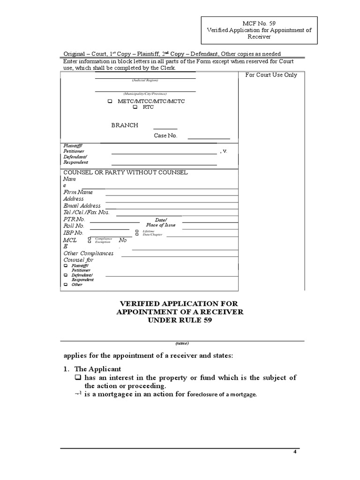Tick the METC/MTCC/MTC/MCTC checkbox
[x=110, y=101]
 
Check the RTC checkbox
[x=135, y=107]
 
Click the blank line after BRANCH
[x=165, y=127]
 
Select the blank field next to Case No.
[x=209, y=138]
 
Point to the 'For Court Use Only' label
[x=271, y=75]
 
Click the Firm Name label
[x=78, y=192]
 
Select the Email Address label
[x=82, y=206]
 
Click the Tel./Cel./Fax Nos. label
[x=86, y=212]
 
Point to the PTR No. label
[x=74, y=219]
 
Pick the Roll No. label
[x=74, y=226]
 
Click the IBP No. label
[x=73, y=233]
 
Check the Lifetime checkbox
[x=137, y=231]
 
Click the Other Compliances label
[x=88, y=254]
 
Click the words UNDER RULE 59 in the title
[x=180, y=321]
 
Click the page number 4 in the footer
[x=295, y=452]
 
